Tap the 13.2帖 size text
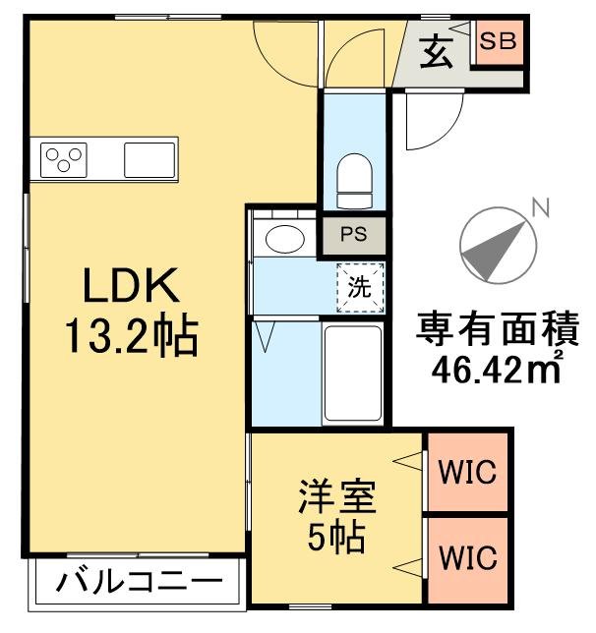coord(131,337)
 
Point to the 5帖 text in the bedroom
coord(337,537)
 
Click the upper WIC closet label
coord(466,471)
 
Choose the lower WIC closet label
coord(466,557)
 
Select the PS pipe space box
coord(353,235)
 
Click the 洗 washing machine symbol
coord(359,289)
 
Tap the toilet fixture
coord(352,180)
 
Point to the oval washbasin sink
coord(286,238)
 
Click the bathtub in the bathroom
coord(352,374)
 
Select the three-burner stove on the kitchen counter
coord(64,158)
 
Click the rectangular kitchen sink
coord(149,158)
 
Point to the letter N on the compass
coord(538,207)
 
